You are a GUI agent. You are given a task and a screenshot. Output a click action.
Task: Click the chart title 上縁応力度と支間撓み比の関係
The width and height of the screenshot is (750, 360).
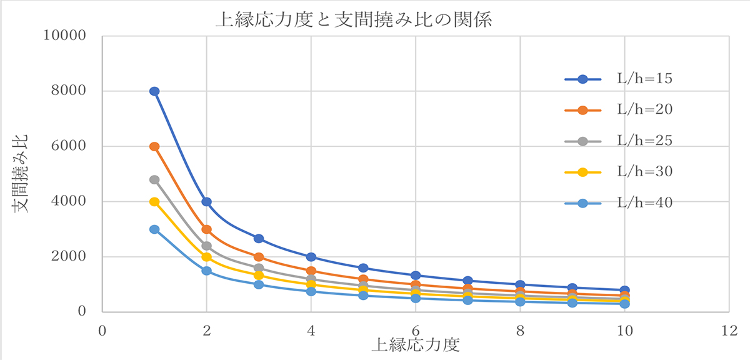point(355,20)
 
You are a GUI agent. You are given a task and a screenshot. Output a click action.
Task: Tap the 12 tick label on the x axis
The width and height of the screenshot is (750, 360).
point(729,329)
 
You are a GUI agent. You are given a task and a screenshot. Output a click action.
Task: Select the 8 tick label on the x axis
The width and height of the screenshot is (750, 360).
point(520,329)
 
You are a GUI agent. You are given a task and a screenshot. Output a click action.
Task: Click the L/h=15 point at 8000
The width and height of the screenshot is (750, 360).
point(154,91)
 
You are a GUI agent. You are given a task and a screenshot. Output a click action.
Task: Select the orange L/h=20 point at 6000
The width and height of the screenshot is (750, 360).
point(154,146)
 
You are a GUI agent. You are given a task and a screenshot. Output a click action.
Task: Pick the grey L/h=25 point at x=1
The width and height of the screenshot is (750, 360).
point(154,180)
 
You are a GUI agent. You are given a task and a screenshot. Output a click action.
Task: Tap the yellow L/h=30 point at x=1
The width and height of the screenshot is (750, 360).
point(154,202)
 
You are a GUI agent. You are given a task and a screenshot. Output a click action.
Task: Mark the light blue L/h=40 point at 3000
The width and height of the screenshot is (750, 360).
point(154,229)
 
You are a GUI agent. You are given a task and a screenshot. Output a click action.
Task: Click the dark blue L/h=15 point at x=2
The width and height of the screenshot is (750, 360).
point(206,202)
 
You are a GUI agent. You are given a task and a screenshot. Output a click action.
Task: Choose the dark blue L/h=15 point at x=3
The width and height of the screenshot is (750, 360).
point(259,239)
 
